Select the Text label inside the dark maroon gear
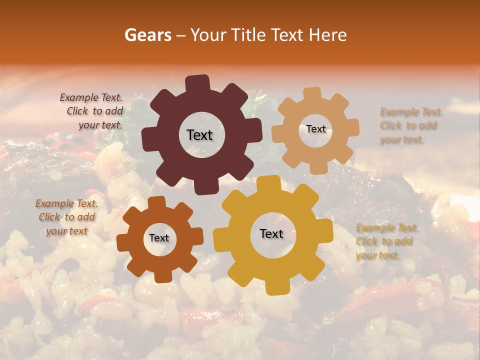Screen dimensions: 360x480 (x=199, y=135)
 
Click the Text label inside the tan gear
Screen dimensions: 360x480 (x=315, y=129)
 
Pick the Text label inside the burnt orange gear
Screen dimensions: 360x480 (x=159, y=238)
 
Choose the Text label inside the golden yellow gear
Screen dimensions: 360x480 (x=271, y=233)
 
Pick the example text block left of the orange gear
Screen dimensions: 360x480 (x=66, y=217)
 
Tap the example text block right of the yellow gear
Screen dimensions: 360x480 (x=386, y=241)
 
